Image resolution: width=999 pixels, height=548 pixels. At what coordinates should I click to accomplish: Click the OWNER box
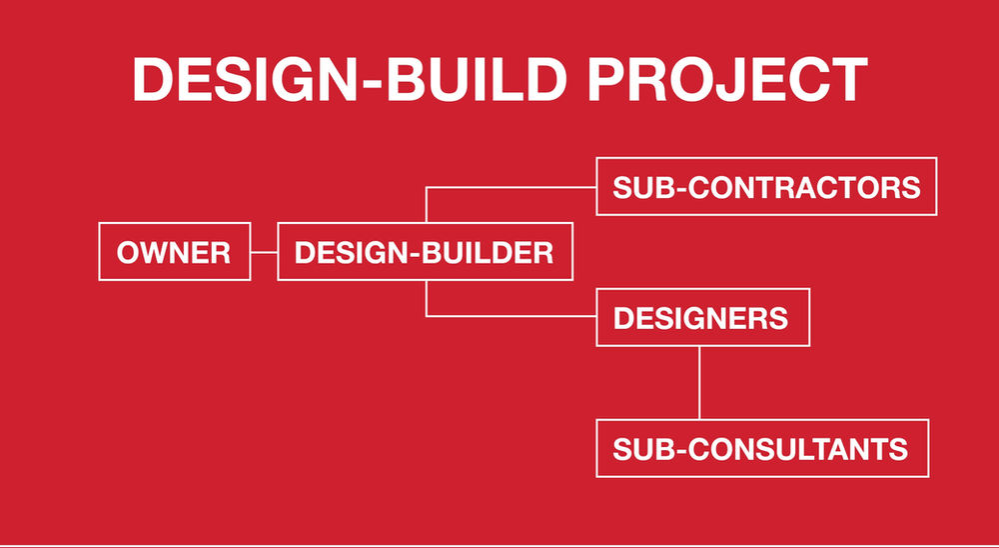(x=174, y=252)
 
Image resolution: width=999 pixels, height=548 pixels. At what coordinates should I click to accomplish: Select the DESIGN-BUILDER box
(x=425, y=252)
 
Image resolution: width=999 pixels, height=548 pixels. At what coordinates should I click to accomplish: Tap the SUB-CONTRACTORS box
(x=766, y=186)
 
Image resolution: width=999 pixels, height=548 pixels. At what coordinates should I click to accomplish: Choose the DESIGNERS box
(x=701, y=318)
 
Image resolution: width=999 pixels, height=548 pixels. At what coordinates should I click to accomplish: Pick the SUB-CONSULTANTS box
(x=761, y=448)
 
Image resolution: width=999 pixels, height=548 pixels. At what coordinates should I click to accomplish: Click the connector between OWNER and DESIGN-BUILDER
(x=264, y=252)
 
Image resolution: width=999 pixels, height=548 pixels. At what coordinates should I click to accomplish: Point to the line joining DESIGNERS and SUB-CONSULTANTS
(x=699, y=383)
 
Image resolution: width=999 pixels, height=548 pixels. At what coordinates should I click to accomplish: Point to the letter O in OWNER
(x=129, y=253)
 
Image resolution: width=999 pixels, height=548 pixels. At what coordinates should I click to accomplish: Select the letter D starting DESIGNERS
(x=623, y=319)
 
